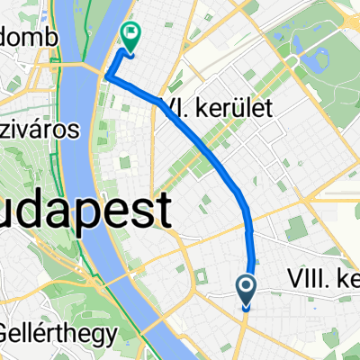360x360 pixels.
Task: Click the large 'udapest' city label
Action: [x=85, y=214]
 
